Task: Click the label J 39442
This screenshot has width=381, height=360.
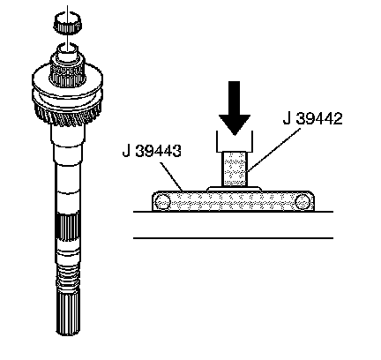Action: [313, 119]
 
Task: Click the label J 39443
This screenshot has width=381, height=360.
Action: [152, 151]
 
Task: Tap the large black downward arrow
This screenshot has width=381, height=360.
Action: [235, 108]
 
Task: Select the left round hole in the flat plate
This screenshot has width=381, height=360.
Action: [162, 202]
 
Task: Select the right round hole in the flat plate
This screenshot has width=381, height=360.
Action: [303, 202]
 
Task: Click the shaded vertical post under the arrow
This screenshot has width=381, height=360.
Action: [234, 169]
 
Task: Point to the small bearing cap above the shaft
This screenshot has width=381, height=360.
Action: [68, 22]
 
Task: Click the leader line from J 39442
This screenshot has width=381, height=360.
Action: [273, 150]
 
